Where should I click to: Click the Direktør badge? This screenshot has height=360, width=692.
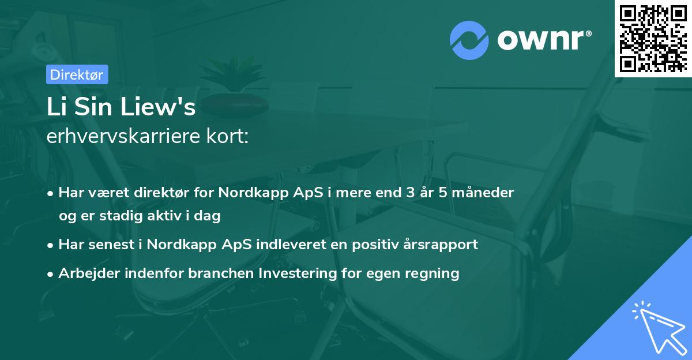77,74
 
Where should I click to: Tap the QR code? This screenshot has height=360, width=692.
653,38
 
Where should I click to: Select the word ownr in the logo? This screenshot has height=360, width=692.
543,40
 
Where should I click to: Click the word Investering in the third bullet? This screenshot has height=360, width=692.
295,273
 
